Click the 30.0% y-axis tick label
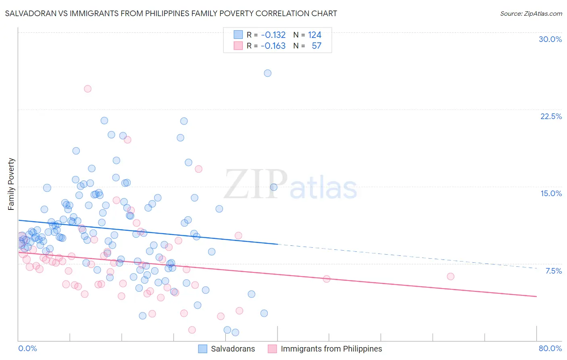click(x=550, y=39)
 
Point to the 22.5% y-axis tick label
click(x=551, y=116)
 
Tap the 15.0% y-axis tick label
click(x=551, y=193)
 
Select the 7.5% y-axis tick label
click(x=553, y=271)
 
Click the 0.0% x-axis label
click(x=27, y=348)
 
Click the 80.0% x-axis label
click(x=550, y=348)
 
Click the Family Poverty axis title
click(x=11, y=184)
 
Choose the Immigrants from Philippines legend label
click(x=331, y=349)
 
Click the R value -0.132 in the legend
click(x=273, y=35)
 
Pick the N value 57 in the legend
click(x=316, y=46)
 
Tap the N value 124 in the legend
click(x=315, y=35)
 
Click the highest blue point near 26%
click(x=267, y=73)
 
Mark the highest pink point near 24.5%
click(x=88, y=89)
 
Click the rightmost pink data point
click(x=450, y=276)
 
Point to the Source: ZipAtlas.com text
click(x=531, y=14)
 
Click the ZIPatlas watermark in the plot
click(x=290, y=185)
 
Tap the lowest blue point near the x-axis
click(x=235, y=332)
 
